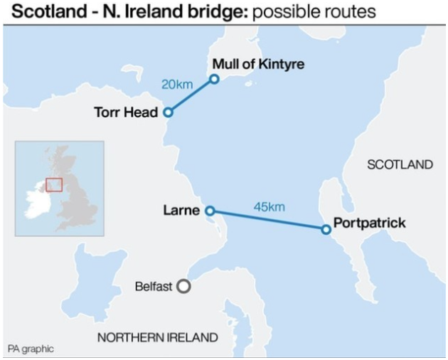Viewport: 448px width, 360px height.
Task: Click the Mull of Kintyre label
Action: pos(258,64)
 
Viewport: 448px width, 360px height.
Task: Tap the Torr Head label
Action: pos(126,112)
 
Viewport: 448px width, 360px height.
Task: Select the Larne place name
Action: pos(181,211)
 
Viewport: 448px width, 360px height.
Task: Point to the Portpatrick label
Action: pos(369,223)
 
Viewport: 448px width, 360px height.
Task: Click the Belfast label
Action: pos(153,287)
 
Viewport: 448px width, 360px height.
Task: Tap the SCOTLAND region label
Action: pos(400,164)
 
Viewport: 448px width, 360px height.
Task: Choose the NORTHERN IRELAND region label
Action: pos(157,337)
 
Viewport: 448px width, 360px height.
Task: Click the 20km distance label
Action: pos(177,84)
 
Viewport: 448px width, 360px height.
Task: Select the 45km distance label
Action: pos(269,206)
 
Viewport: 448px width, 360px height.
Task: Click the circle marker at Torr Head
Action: pos(169,112)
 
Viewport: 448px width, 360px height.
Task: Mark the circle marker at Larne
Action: pos(209,211)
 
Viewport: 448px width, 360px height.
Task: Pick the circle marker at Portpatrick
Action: pos(326,229)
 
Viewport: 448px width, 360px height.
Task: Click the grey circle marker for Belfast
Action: pos(183,287)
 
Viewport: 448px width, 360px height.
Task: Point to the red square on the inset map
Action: pos(54,184)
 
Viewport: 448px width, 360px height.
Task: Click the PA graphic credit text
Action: pos(31,349)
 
